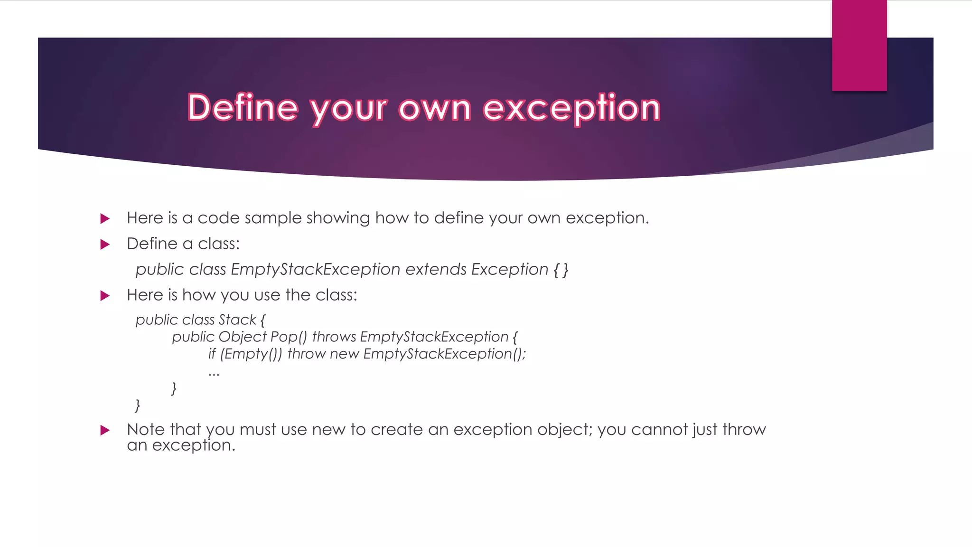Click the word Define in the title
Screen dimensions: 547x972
pyautogui.click(x=243, y=108)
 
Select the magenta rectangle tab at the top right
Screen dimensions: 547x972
pyautogui.click(x=859, y=46)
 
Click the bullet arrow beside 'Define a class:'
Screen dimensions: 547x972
pyautogui.click(x=105, y=245)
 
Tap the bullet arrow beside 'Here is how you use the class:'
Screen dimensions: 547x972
pyautogui.click(x=105, y=296)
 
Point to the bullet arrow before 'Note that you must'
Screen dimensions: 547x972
pyautogui.click(x=105, y=430)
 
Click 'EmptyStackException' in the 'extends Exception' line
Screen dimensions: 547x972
pyautogui.click(x=316, y=269)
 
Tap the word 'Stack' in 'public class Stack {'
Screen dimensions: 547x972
pyautogui.click(x=237, y=320)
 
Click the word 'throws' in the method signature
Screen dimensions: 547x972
pyautogui.click(x=334, y=337)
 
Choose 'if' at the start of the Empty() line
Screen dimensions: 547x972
pyautogui.click(x=212, y=354)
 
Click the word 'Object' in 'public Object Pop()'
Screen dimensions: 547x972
pyautogui.click(x=243, y=337)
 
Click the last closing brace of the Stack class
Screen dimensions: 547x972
pyautogui.click(x=138, y=405)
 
